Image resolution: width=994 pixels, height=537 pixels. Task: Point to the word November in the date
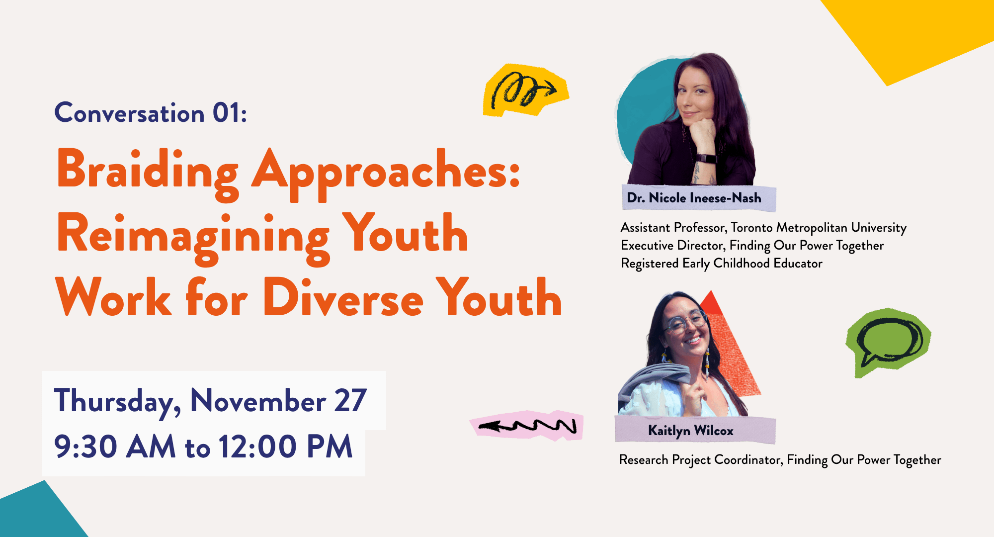258,400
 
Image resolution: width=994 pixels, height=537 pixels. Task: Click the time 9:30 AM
115,446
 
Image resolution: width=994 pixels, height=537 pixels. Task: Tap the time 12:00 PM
285,446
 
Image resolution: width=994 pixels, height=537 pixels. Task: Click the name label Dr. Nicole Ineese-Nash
694,198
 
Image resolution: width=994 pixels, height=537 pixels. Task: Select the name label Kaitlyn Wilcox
691,431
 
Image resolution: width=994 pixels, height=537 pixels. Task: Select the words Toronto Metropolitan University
819,228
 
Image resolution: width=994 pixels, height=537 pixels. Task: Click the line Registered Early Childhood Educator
722,264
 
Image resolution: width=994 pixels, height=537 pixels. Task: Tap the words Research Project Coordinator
701,460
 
